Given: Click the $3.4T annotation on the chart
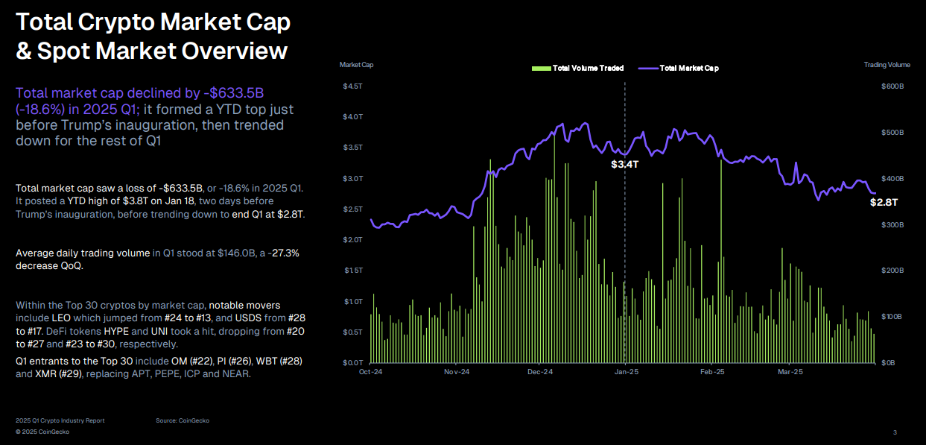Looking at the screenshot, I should (x=625, y=164).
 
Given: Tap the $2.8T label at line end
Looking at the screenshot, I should (x=884, y=202).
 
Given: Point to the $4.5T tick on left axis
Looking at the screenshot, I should (x=352, y=86).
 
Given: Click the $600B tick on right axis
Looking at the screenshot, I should (x=892, y=86).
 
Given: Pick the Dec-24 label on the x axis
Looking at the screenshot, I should (x=540, y=371).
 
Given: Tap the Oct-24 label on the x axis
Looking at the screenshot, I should (x=370, y=371).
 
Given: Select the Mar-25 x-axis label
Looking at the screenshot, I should (x=790, y=371).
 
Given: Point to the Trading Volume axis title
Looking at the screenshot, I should (x=887, y=65).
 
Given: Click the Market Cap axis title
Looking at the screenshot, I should (x=356, y=65).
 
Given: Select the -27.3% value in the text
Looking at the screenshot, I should (x=284, y=253).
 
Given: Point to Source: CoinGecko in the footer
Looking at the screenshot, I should (x=183, y=420).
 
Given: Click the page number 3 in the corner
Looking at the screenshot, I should (x=895, y=432).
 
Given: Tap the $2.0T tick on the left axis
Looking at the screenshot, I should (x=352, y=240).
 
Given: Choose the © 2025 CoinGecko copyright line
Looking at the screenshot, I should (x=42, y=432).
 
